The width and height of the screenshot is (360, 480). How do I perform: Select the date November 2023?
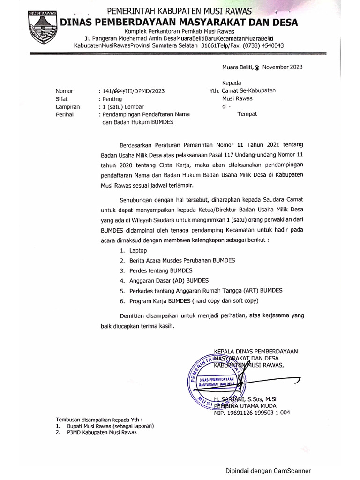click(282, 67)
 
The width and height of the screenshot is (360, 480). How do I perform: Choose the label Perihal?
click(64, 114)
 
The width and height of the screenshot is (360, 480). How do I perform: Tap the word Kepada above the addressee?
click(231, 83)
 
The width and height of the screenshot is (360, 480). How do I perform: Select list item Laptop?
click(138, 251)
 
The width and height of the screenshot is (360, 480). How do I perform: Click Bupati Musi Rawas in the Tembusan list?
click(111, 426)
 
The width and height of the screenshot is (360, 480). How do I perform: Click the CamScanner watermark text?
click(268, 471)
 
